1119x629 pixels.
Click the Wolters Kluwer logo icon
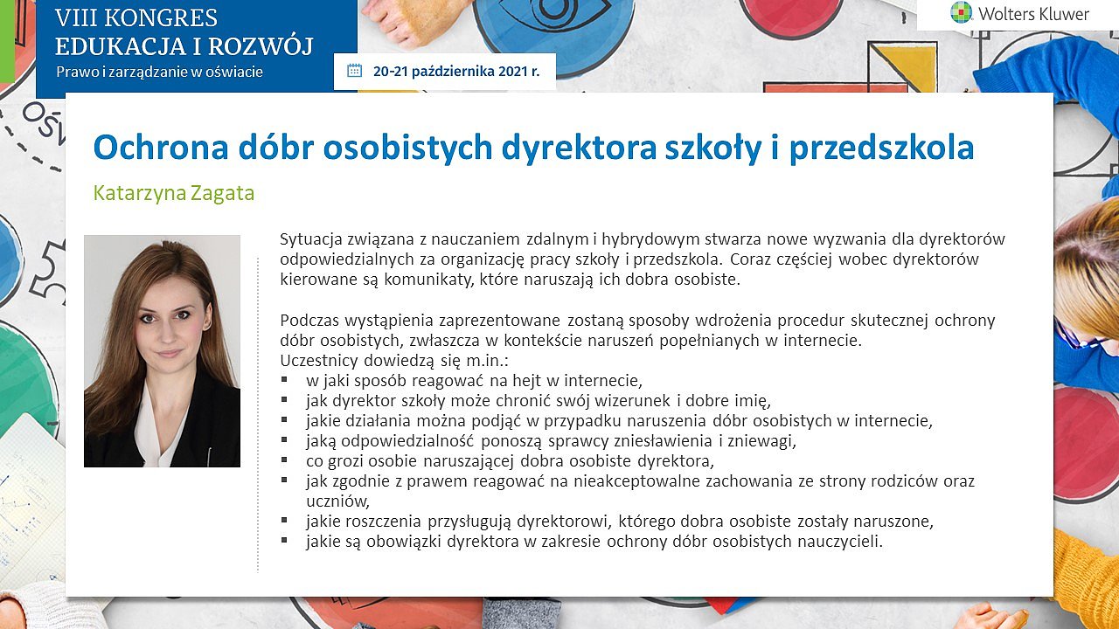[x=961, y=12]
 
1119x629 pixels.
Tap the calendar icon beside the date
[x=354, y=71]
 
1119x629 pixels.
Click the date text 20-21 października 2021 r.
[x=456, y=72]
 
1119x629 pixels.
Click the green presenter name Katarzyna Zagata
[x=174, y=193]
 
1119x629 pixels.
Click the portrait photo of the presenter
[x=162, y=351]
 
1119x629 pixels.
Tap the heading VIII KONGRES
[x=136, y=18]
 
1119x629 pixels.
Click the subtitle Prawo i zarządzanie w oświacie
[x=159, y=72]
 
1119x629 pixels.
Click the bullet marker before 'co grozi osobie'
[x=284, y=460]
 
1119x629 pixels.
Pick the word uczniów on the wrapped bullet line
[x=337, y=501]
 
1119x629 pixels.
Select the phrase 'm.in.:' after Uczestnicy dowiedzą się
[x=487, y=361]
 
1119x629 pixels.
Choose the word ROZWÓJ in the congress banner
[x=261, y=46]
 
